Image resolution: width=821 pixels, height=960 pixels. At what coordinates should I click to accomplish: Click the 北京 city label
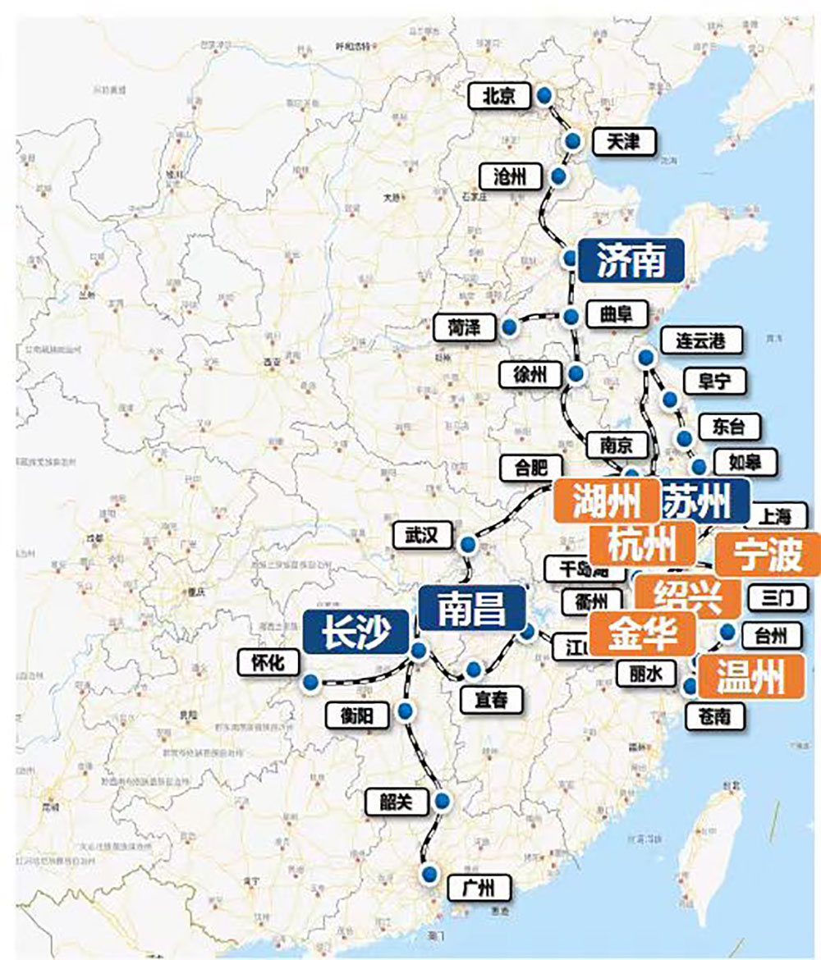tap(498, 97)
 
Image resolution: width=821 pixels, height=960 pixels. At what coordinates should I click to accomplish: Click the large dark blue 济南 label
tap(631, 260)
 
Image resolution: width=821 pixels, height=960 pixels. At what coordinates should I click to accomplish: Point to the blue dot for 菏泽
tap(510, 327)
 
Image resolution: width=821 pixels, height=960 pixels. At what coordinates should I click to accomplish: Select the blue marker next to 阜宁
tap(670, 400)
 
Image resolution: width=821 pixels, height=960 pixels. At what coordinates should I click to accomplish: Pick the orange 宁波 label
tap(768, 555)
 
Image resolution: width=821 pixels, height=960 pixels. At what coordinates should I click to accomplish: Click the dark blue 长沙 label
tap(355, 632)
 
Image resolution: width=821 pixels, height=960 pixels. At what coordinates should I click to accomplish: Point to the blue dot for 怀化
tap(310, 682)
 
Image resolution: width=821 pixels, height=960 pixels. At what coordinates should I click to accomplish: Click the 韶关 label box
tap(396, 802)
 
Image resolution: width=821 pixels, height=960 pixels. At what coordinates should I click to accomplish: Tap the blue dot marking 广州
tap(428, 874)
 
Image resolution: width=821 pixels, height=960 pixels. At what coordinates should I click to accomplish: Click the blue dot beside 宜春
tap(472, 670)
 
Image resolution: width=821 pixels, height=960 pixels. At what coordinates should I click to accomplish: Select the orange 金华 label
tap(643, 633)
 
